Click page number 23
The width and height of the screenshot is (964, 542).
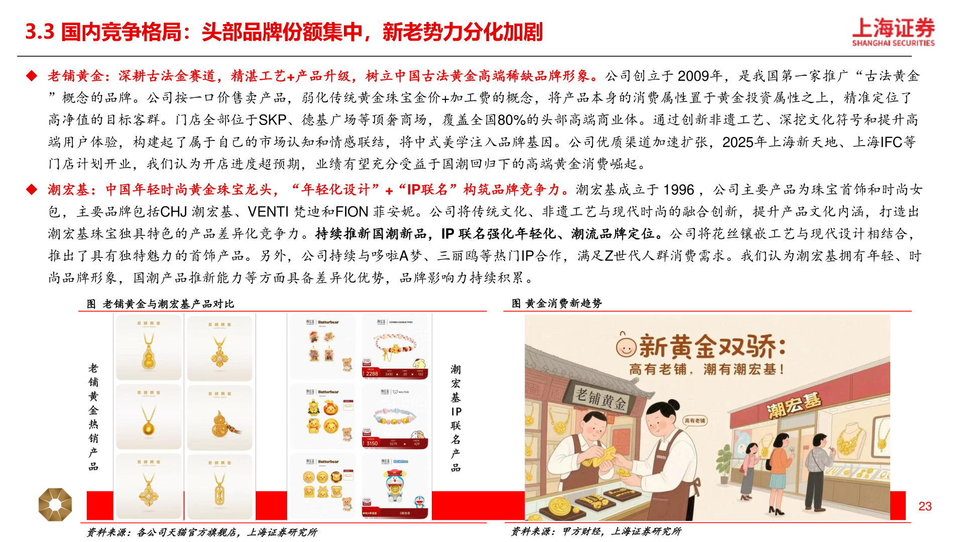925,506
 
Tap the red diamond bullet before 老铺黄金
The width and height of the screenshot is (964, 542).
32,76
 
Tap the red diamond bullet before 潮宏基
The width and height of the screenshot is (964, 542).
32,190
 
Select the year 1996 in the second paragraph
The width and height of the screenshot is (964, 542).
678,190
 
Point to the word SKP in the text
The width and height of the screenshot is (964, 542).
272,120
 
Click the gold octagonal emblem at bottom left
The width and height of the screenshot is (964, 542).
55,504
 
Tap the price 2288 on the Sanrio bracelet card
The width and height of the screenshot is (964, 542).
372,373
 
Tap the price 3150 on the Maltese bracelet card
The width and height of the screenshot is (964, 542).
372,443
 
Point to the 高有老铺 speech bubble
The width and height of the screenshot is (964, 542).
695,421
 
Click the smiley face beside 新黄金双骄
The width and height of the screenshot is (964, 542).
626,346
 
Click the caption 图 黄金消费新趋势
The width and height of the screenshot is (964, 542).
556,303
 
